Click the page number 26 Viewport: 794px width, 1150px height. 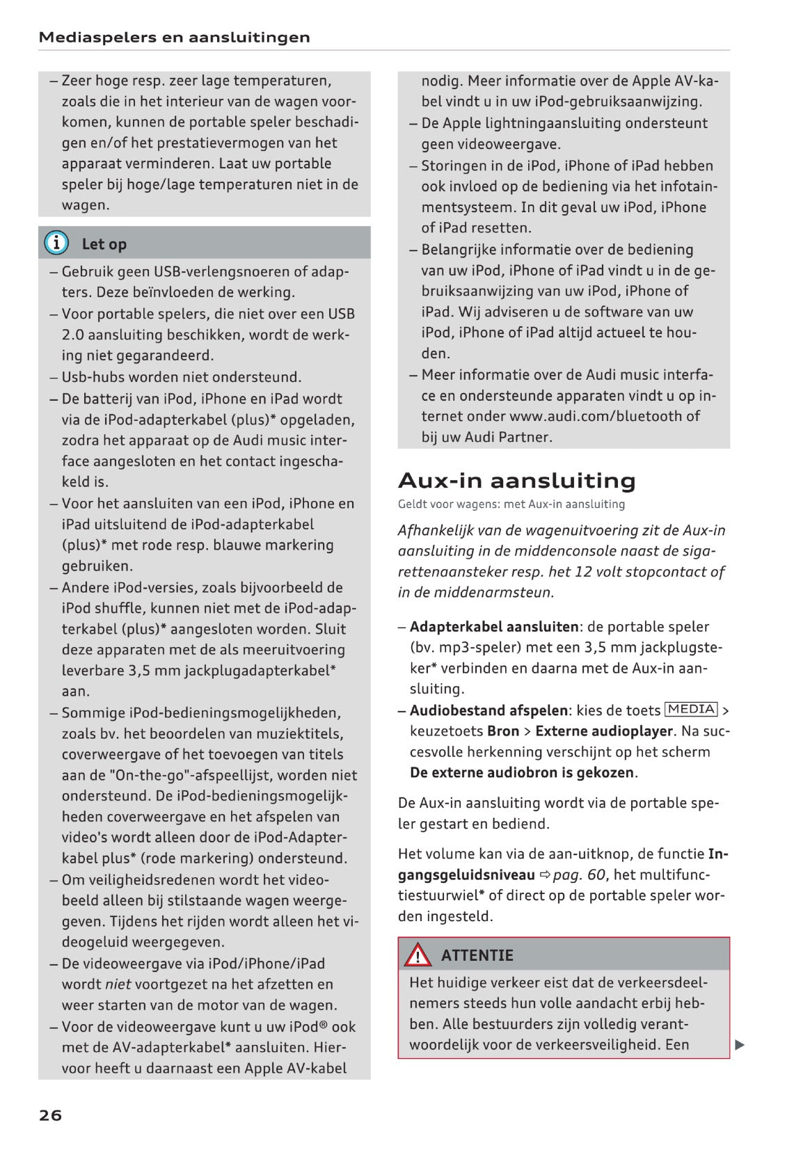50,1115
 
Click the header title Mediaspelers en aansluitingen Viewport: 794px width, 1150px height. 174,38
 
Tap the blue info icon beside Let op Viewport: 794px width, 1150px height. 56,243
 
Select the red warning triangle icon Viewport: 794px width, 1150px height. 418,955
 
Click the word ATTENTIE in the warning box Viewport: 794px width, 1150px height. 477,955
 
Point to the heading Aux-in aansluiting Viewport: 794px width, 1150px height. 516,481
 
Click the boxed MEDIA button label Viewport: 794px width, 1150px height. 691,710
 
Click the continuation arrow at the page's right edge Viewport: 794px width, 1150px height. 740,1044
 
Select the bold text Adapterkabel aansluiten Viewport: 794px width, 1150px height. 494,627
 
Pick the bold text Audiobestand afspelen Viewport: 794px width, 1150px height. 489,710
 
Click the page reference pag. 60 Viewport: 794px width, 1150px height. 579,875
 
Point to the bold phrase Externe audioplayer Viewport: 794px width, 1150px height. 604,731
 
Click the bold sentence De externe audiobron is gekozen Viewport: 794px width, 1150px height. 522,772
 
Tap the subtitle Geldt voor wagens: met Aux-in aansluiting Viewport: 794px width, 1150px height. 511,504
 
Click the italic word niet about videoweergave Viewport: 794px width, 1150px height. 118,984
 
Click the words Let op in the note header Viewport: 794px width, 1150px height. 104,244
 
